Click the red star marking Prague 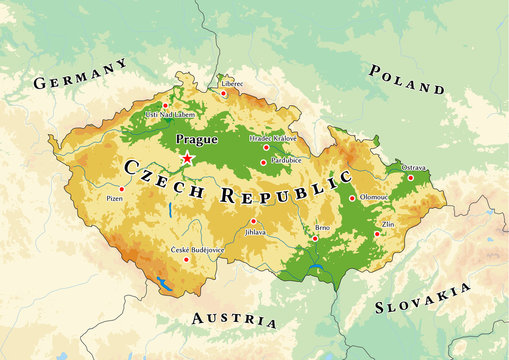pos(187,157)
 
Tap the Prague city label pos(196,140)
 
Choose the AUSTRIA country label pos(233,319)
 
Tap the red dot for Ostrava pos(410,177)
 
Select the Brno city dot pos(315,238)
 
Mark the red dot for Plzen pos(122,188)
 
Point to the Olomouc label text pos(375,198)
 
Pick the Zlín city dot pos(377,234)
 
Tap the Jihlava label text pos(256,232)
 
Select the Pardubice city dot pos(264,162)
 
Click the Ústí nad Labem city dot pos(165,105)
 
